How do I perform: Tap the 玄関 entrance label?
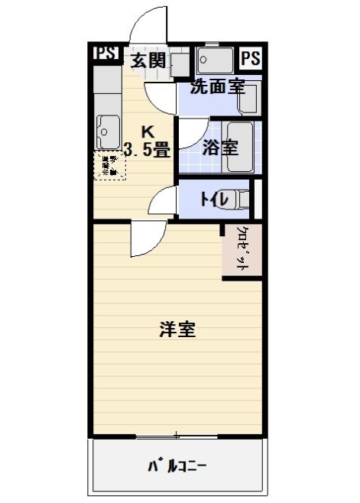coord(148,60)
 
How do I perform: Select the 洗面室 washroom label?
coord(217,86)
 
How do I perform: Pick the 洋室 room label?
coord(177,330)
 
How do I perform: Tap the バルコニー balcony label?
coord(177,465)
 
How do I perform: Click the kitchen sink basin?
coord(108,132)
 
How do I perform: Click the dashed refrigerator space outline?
coord(107,166)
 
